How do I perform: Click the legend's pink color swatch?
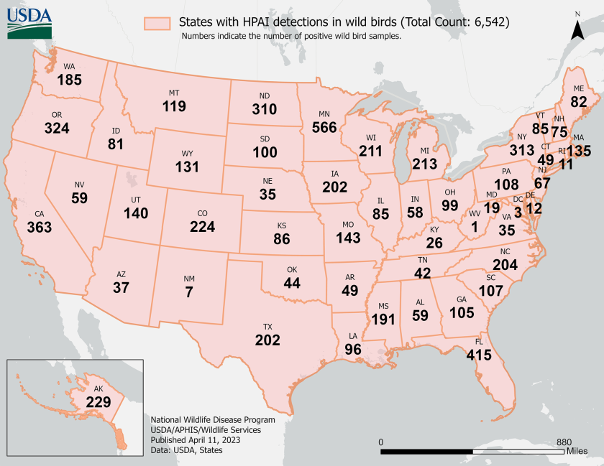pyautogui.click(x=158, y=23)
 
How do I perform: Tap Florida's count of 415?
pyautogui.click(x=478, y=355)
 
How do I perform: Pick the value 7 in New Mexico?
pyautogui.click(x=189, y=292)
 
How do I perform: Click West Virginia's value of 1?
pyautogui.click(x=475, y=227)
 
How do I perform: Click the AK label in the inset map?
pyautogui.click(x=99, y=388)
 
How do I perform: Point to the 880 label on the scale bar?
pyautogui.click(x=563, y=442)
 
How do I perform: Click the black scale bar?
pyautogui.click(x=472, y=452)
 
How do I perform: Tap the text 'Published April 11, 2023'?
pyautogui.click(x=195, y=439)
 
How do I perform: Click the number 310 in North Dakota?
pyautogui.click(x=264, y=110)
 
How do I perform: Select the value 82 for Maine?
pyautogui.click(x=579, y=102)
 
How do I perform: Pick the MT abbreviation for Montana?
pyautogui.click(x=174, y=93)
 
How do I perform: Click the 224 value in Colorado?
pyautogui.click(x=203, y=227)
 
